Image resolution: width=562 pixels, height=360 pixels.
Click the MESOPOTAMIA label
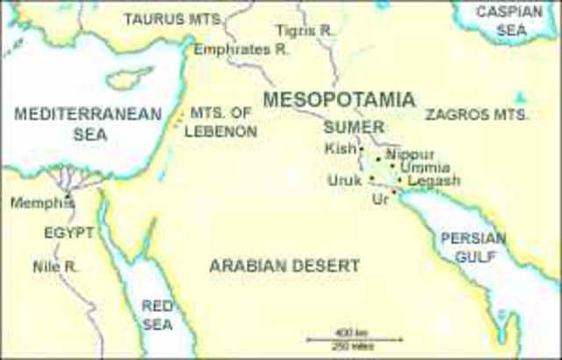pyautogui.click(x=338, y=99)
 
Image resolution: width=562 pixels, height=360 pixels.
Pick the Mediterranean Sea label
pyautogui.click(x=89, y=124)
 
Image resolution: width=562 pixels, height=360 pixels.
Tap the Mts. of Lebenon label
pyautogui.click(x=222, y=122)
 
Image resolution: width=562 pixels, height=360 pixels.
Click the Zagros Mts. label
pyautogui.click(x=477, y=115)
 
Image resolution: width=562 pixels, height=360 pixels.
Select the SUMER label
pyautogui.click(x=354, y=126)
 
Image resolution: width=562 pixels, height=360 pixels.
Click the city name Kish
pyautogui.click(x=340, y=148)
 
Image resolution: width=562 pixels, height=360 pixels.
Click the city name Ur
pyautogui.click(x=379, y=200)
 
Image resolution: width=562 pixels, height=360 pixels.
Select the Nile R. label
pyautogui.click(x=50, y=265)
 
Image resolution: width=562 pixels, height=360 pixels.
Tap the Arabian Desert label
pyautogui.click(x=285, y=264)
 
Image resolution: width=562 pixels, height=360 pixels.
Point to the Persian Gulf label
pyautogui.click(x=473, y=247)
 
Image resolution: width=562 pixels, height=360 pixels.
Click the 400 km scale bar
pyautogui.click(x=355, y=338)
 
